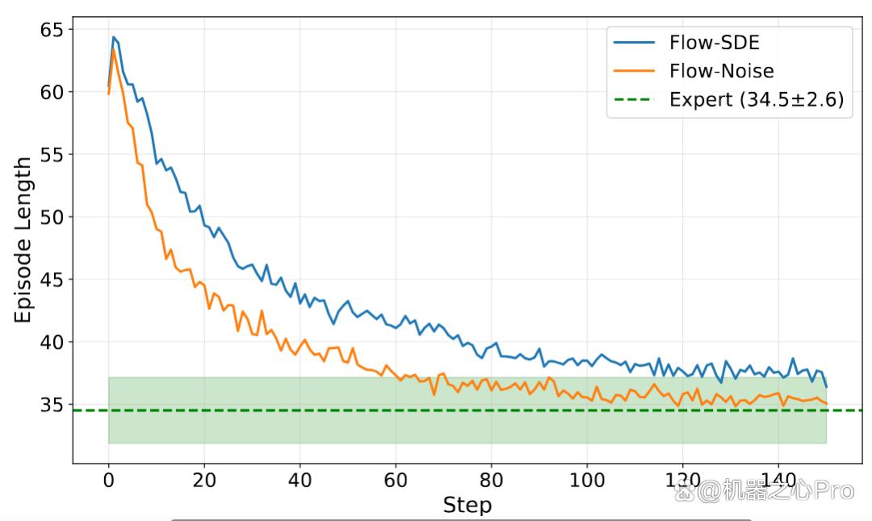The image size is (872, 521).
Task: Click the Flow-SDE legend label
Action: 714,42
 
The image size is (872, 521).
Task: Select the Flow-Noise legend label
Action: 721,71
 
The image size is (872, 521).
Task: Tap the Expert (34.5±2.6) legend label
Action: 757,99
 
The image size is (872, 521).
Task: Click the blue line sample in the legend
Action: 635,42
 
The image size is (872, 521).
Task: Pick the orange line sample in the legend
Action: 635,71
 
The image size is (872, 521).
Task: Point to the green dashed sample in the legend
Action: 635,99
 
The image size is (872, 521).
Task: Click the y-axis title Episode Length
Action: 23,240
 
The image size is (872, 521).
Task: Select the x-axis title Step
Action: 467,505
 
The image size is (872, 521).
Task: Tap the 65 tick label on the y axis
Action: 52,30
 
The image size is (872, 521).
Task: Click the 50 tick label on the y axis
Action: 52,217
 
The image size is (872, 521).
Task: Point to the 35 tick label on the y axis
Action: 52,405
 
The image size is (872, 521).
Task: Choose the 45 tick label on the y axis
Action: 52,279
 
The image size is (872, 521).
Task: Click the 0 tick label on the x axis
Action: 108,480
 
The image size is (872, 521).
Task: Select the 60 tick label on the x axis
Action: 396,480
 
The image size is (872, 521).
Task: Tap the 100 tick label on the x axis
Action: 587,480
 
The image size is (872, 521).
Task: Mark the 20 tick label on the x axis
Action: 204,480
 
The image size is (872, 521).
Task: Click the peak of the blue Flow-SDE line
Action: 114,37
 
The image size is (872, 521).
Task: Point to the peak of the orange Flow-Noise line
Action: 114,49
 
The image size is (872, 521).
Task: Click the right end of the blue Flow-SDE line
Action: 827,387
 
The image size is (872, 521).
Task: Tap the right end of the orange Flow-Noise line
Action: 827,404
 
